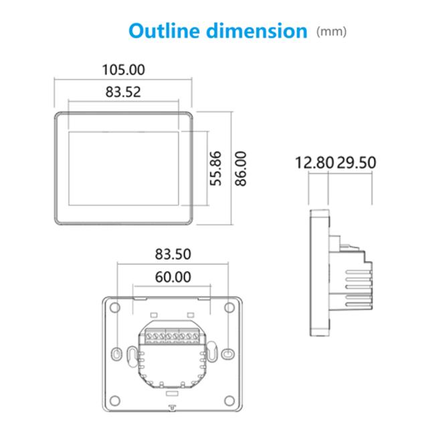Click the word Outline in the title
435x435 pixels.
[165, 31]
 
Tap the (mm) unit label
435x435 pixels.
[331, 31]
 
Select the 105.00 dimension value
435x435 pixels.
[123, 70]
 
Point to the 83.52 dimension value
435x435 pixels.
[123, 92]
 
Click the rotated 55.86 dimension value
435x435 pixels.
[215, 169]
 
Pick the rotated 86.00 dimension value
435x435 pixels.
[240, 169]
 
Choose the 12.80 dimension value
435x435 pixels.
[315, 163]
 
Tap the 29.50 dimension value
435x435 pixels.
[357, 163]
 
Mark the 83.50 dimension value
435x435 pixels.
[173, 254]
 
